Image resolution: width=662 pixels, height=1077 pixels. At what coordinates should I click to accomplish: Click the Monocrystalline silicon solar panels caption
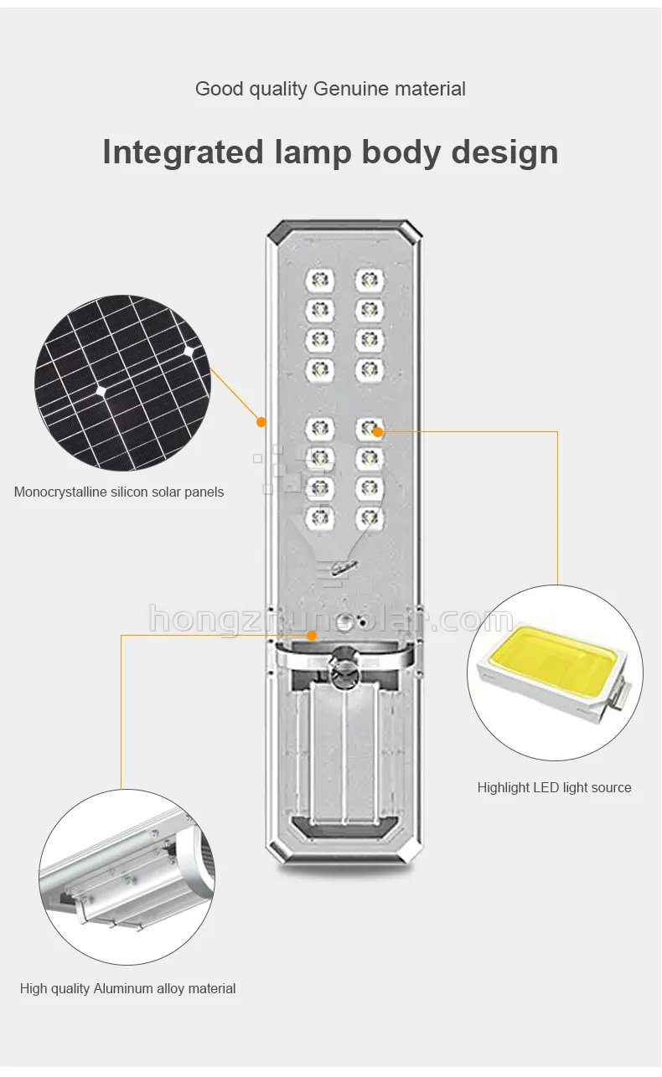[x=119, y=492]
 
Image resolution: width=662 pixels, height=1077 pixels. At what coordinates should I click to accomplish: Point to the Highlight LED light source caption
[x=554, y=787]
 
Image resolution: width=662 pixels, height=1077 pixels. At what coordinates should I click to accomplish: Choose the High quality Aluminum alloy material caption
[x=127, y=989]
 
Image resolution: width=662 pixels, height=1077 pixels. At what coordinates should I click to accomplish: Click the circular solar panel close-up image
[x=122, y=383]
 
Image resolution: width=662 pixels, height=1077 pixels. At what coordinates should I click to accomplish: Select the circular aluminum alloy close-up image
[x=127, y=876]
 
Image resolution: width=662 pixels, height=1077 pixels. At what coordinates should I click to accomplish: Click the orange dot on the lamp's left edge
[x=261, y=420]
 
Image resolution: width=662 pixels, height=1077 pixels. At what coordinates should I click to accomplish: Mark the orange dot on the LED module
[x=378, y=431]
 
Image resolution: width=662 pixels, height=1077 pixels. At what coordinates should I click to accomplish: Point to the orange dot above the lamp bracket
[x=312, y=636]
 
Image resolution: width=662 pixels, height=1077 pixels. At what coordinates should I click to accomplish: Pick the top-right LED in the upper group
[x=368, y=280]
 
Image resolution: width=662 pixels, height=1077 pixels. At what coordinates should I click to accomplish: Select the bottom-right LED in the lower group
[x=368, y=517]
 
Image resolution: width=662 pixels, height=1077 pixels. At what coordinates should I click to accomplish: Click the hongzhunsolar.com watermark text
[x=331, y=620]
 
